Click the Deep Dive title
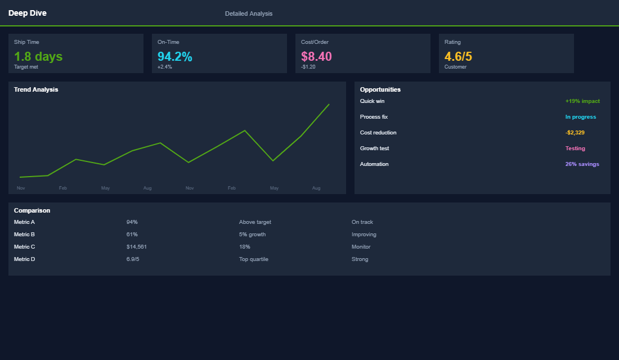click(28, 13)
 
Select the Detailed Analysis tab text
click(248, 13)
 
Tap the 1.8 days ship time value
click(38, 56)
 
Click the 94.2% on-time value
click(174, 56)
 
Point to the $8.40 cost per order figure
click(316, 56)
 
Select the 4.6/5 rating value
click(458, 56)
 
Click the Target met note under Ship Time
click(26, 67)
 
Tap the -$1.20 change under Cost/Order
click(308, 67)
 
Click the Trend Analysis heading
click(36, 89)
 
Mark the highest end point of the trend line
click(329, 104)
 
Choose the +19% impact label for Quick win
click(582, 101)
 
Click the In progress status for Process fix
click(580, 117)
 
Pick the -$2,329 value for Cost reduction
click(575, 133)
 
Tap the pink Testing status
click(575, 148)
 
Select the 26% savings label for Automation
click(582, 164)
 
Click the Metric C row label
click(25, 247)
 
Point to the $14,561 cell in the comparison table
click(137, 247)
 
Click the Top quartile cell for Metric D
click(254, 259)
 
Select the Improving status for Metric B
click(364, 235)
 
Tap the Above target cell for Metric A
click(255, 222)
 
